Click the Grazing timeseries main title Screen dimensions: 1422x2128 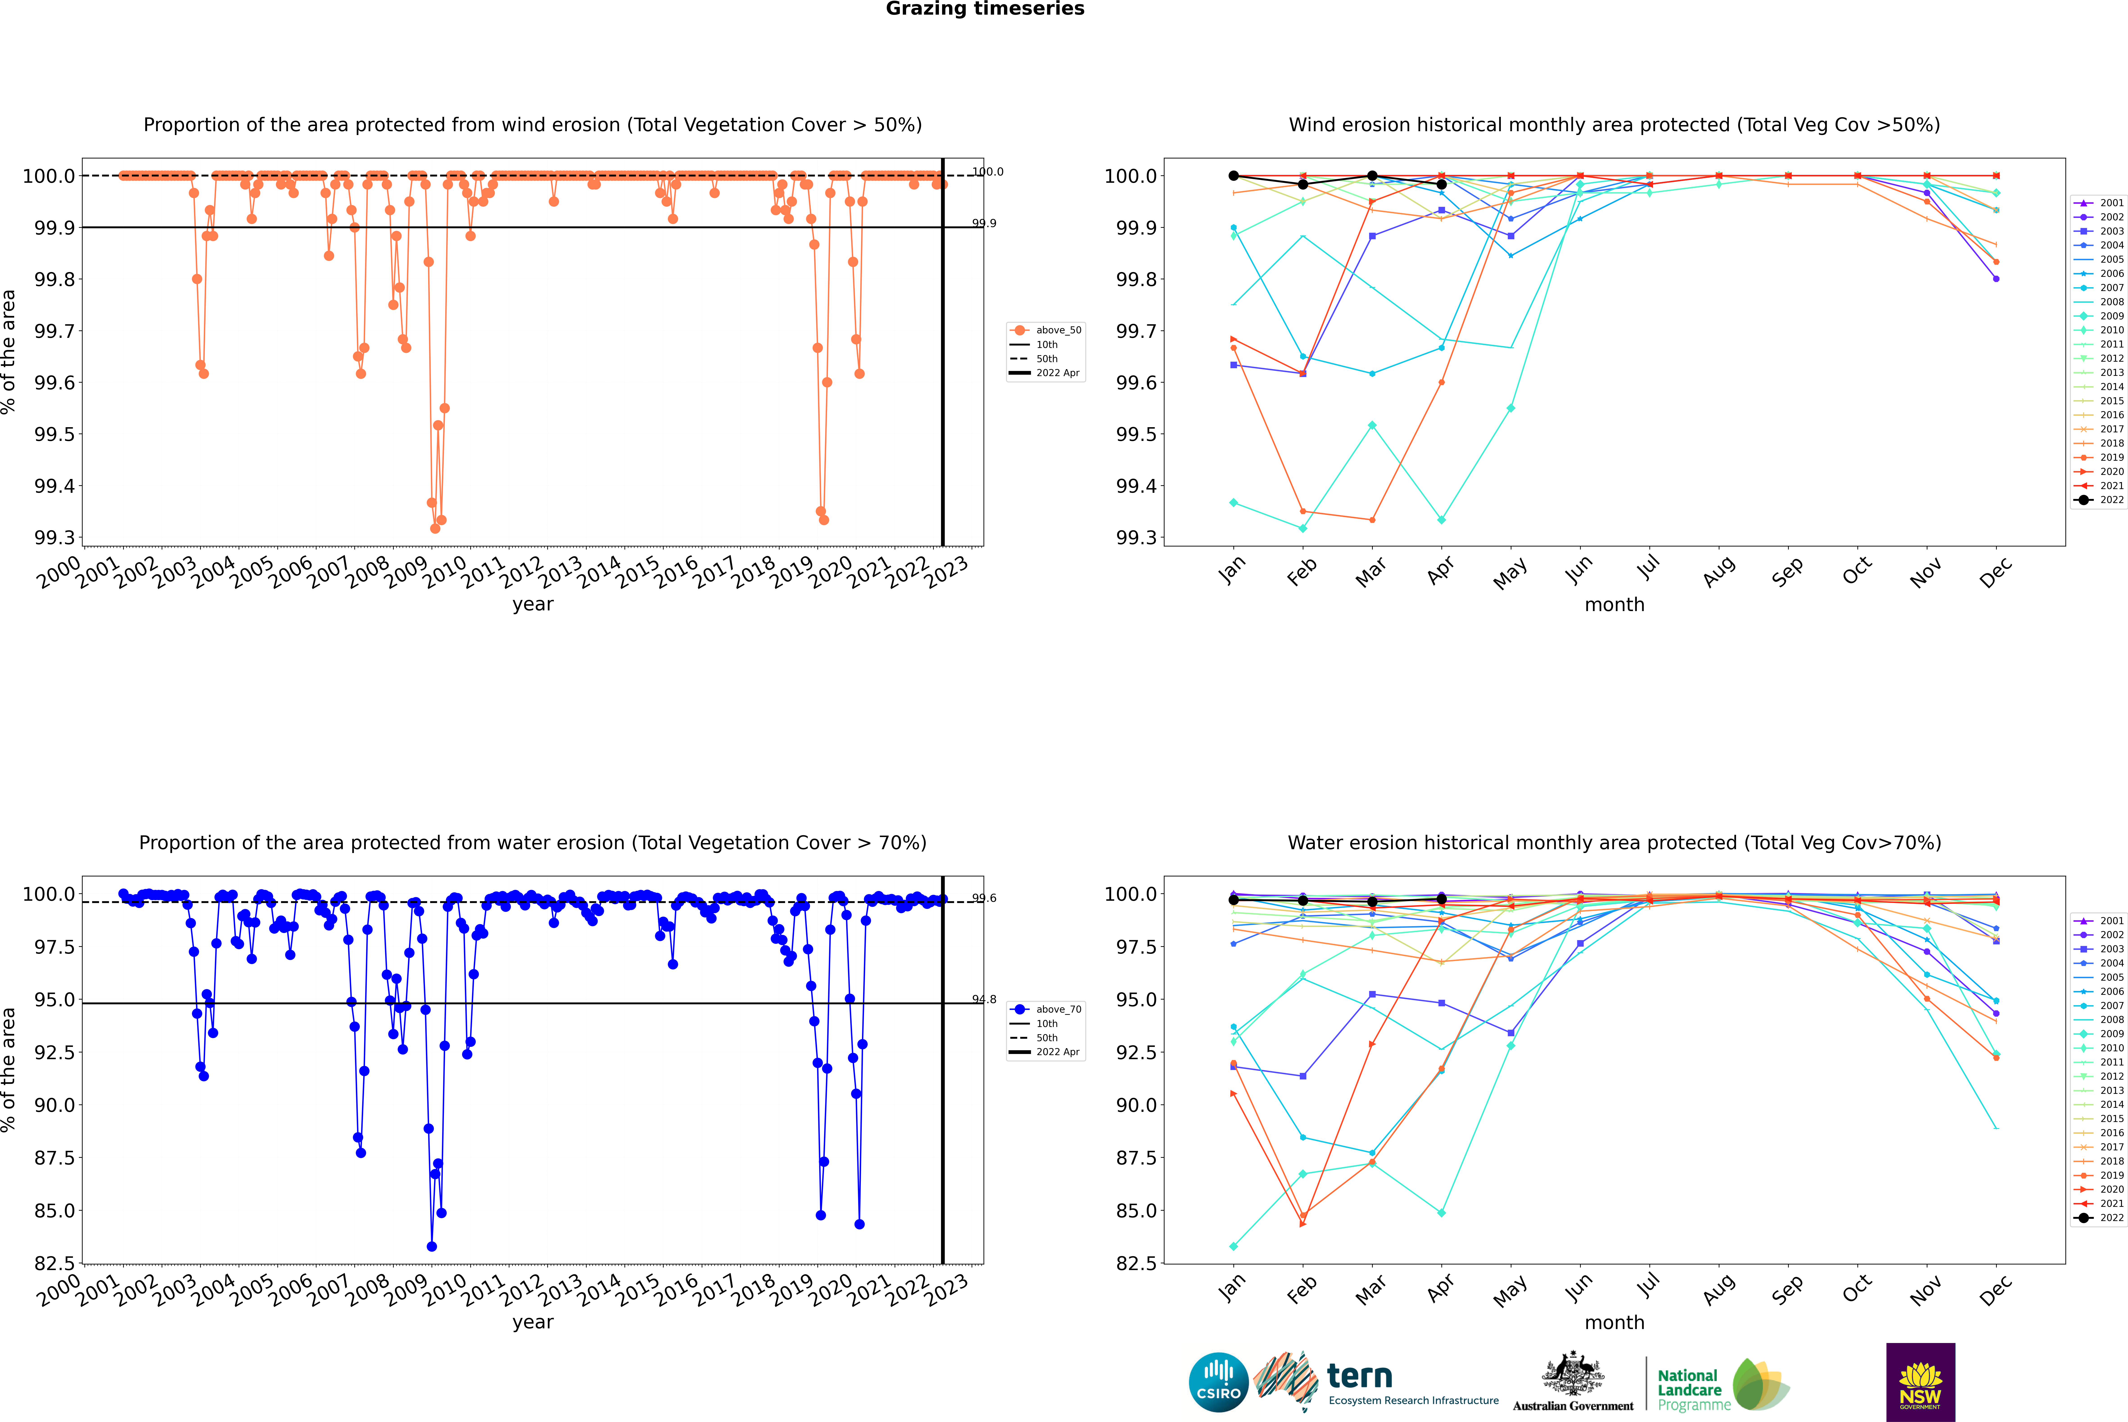(x=985, y=9)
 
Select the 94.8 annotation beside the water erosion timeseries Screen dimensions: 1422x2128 (x=984, y=999)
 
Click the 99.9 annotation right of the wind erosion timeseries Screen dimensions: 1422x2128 (x=984, y=223)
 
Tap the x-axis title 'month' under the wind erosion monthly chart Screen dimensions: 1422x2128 (x=1614, y=605)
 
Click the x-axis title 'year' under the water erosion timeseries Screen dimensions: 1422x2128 (x=532, y=1322)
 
